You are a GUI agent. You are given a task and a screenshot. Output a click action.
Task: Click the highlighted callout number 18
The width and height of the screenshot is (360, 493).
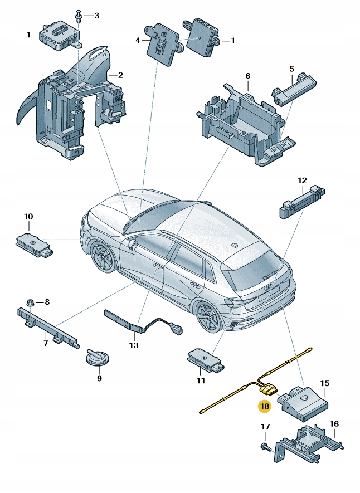click(264, 407)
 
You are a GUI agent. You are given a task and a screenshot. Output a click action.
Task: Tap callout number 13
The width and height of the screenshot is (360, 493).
click(133, 345)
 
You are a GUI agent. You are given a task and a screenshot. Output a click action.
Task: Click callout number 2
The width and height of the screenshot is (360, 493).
click(119, 75)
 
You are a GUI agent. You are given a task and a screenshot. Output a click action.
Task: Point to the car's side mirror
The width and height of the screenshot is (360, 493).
click(132, 243)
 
